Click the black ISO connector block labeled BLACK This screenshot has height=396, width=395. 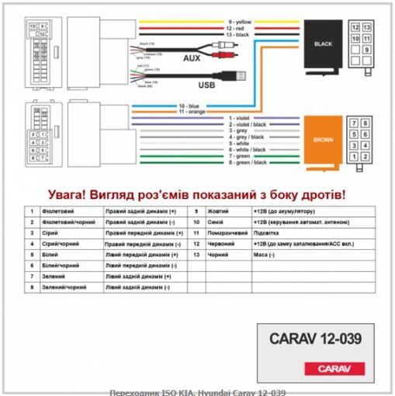pyautogui.click(x=323, y=44)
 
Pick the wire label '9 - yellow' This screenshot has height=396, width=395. pyautogui.click(x=241, y=23)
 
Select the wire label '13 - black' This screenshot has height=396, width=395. pyautogui.click(x=240, y=35)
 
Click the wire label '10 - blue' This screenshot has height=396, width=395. pyautogui.click(x=190, y=105)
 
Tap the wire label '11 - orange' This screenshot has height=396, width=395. pyautogui.click(x=192, y=112)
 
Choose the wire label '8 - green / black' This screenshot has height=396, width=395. pyautogui.click(x=248, y=162)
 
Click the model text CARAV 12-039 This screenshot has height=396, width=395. pyautogui.click(x=314, y=339)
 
